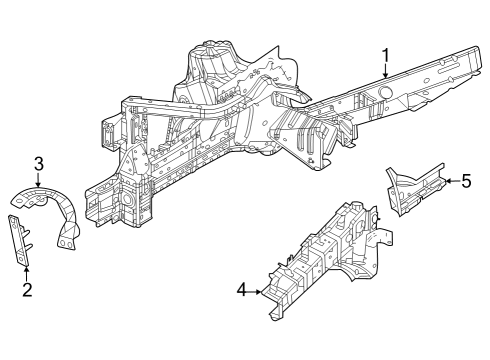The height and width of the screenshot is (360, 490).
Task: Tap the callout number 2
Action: point(27,290)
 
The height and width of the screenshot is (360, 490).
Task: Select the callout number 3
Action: point(38,163)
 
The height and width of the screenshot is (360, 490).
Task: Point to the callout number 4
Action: point(241,292)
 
